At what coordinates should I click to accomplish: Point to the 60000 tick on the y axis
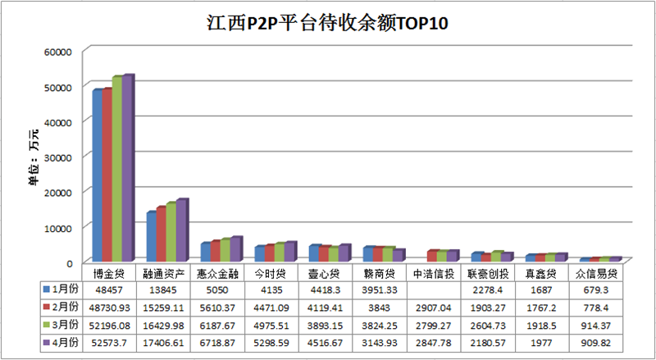(x=59, y=51)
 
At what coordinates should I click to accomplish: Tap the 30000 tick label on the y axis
(x=59, y=156)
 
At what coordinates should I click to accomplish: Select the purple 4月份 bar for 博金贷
(x=128, y=168)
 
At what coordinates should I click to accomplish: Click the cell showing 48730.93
(x=110, y=308)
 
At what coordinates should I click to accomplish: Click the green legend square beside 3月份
(x=48, y=325)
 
